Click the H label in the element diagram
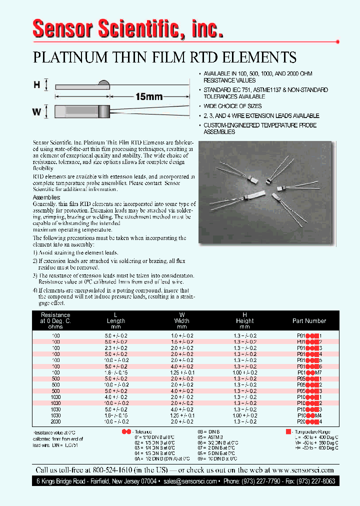pos(36,85)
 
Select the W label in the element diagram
pos(36,111)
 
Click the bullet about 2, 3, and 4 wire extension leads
pos(261,115)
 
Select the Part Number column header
pos(309,321)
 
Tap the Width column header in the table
pos(181,321)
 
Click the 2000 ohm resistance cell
pos(55,422)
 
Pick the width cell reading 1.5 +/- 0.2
pos(181,341)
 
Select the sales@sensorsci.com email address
pos(190,481)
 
